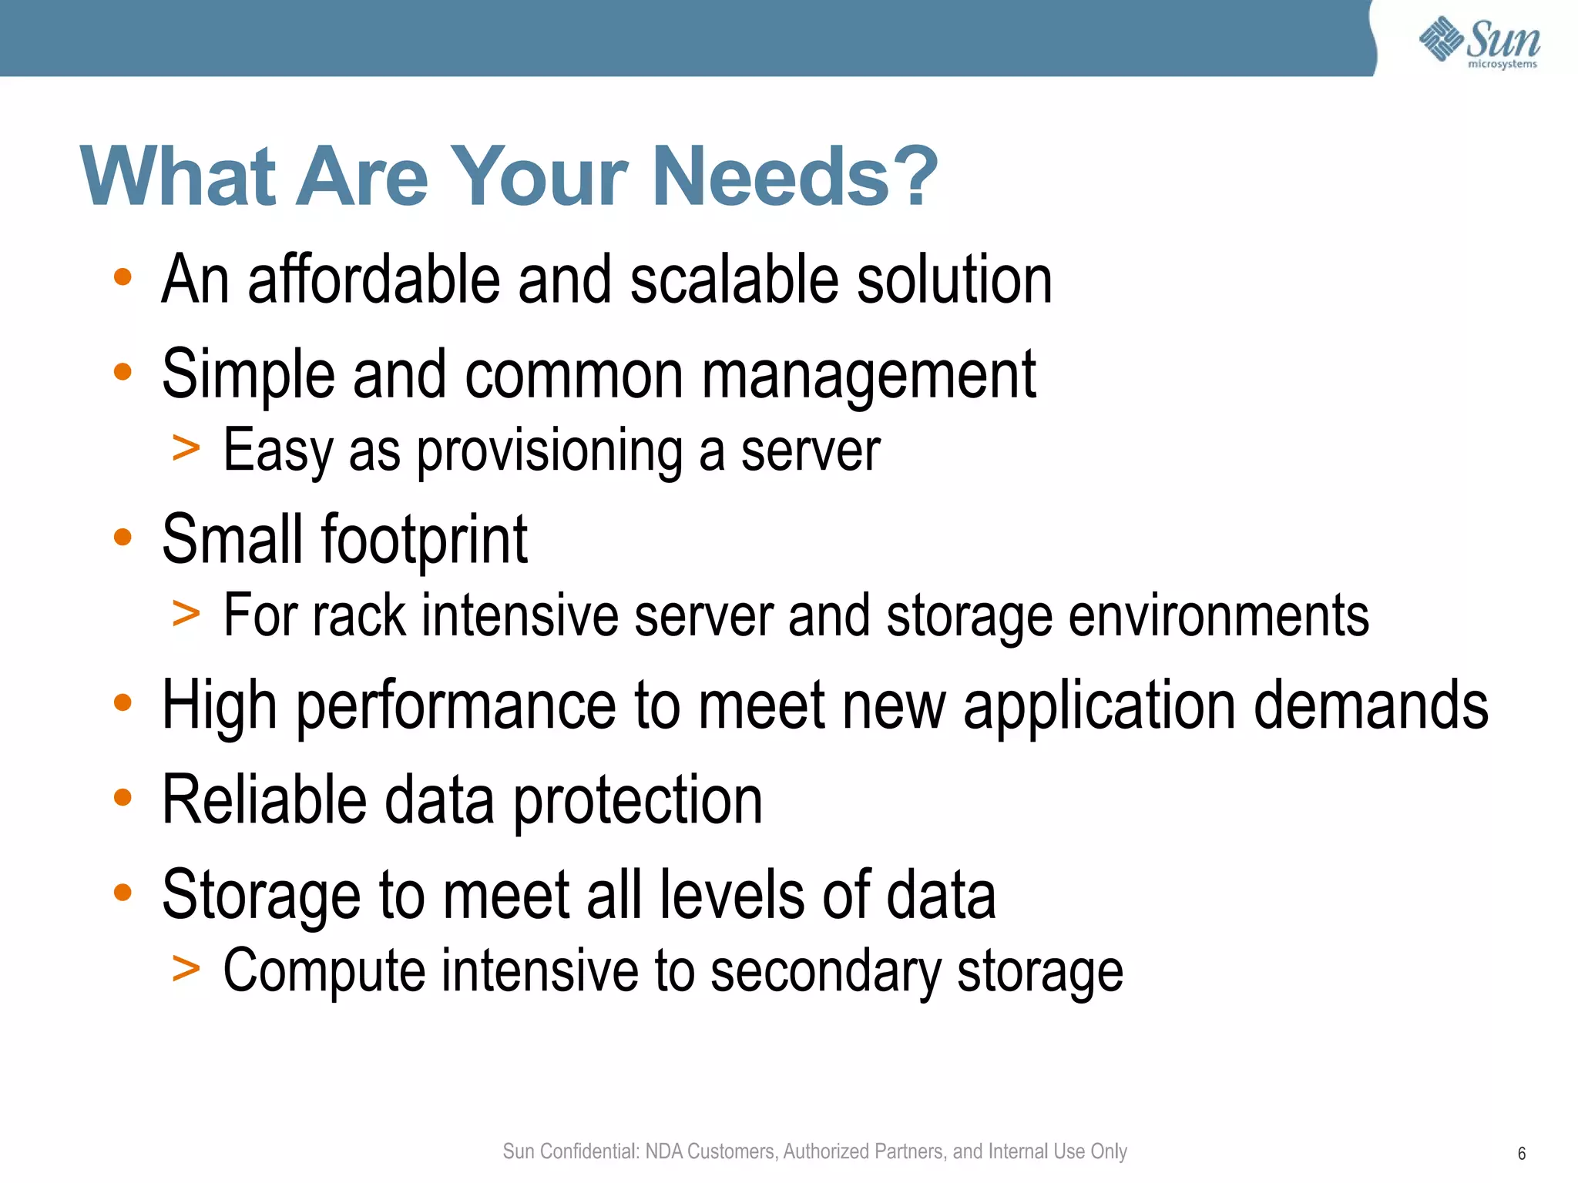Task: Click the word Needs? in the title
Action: point(795,177)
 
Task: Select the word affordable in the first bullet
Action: point(374,280)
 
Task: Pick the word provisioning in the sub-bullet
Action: point(549,451)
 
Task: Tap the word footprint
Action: point(424,540)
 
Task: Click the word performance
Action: point(456,706)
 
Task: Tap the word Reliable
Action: point(264,800)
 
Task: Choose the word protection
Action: point(638,802)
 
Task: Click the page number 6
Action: point(1522,1154)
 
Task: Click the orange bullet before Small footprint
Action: point(123,537)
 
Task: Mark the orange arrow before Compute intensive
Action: point(186,968)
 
